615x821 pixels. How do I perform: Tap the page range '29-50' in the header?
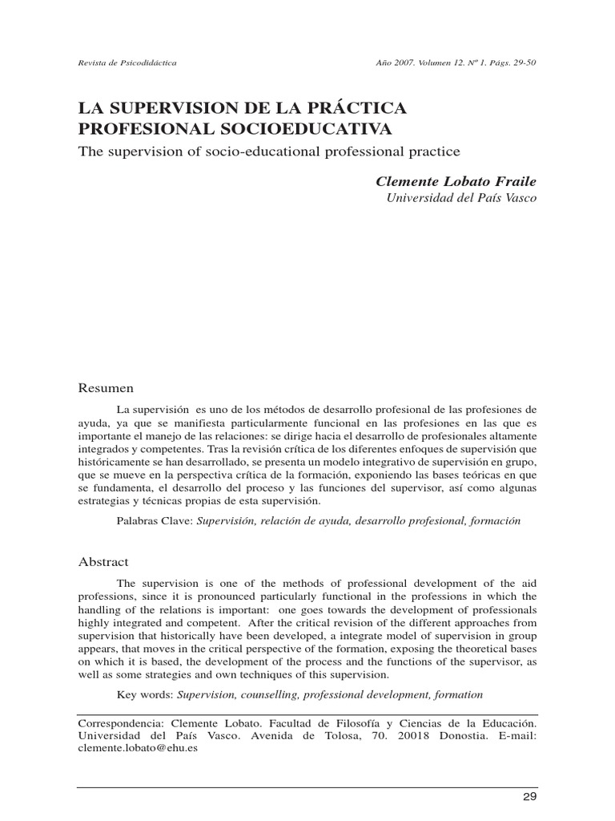(x=521, y=61)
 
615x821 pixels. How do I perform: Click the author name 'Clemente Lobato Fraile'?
(x=456, y=181)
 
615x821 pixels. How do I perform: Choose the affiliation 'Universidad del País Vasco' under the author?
(x=462, y=197)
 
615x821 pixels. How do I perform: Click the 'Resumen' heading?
(x=105, y=388)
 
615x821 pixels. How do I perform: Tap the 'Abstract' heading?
(x=102, y=562)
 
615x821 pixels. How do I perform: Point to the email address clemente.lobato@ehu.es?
(x=137, y=747)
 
